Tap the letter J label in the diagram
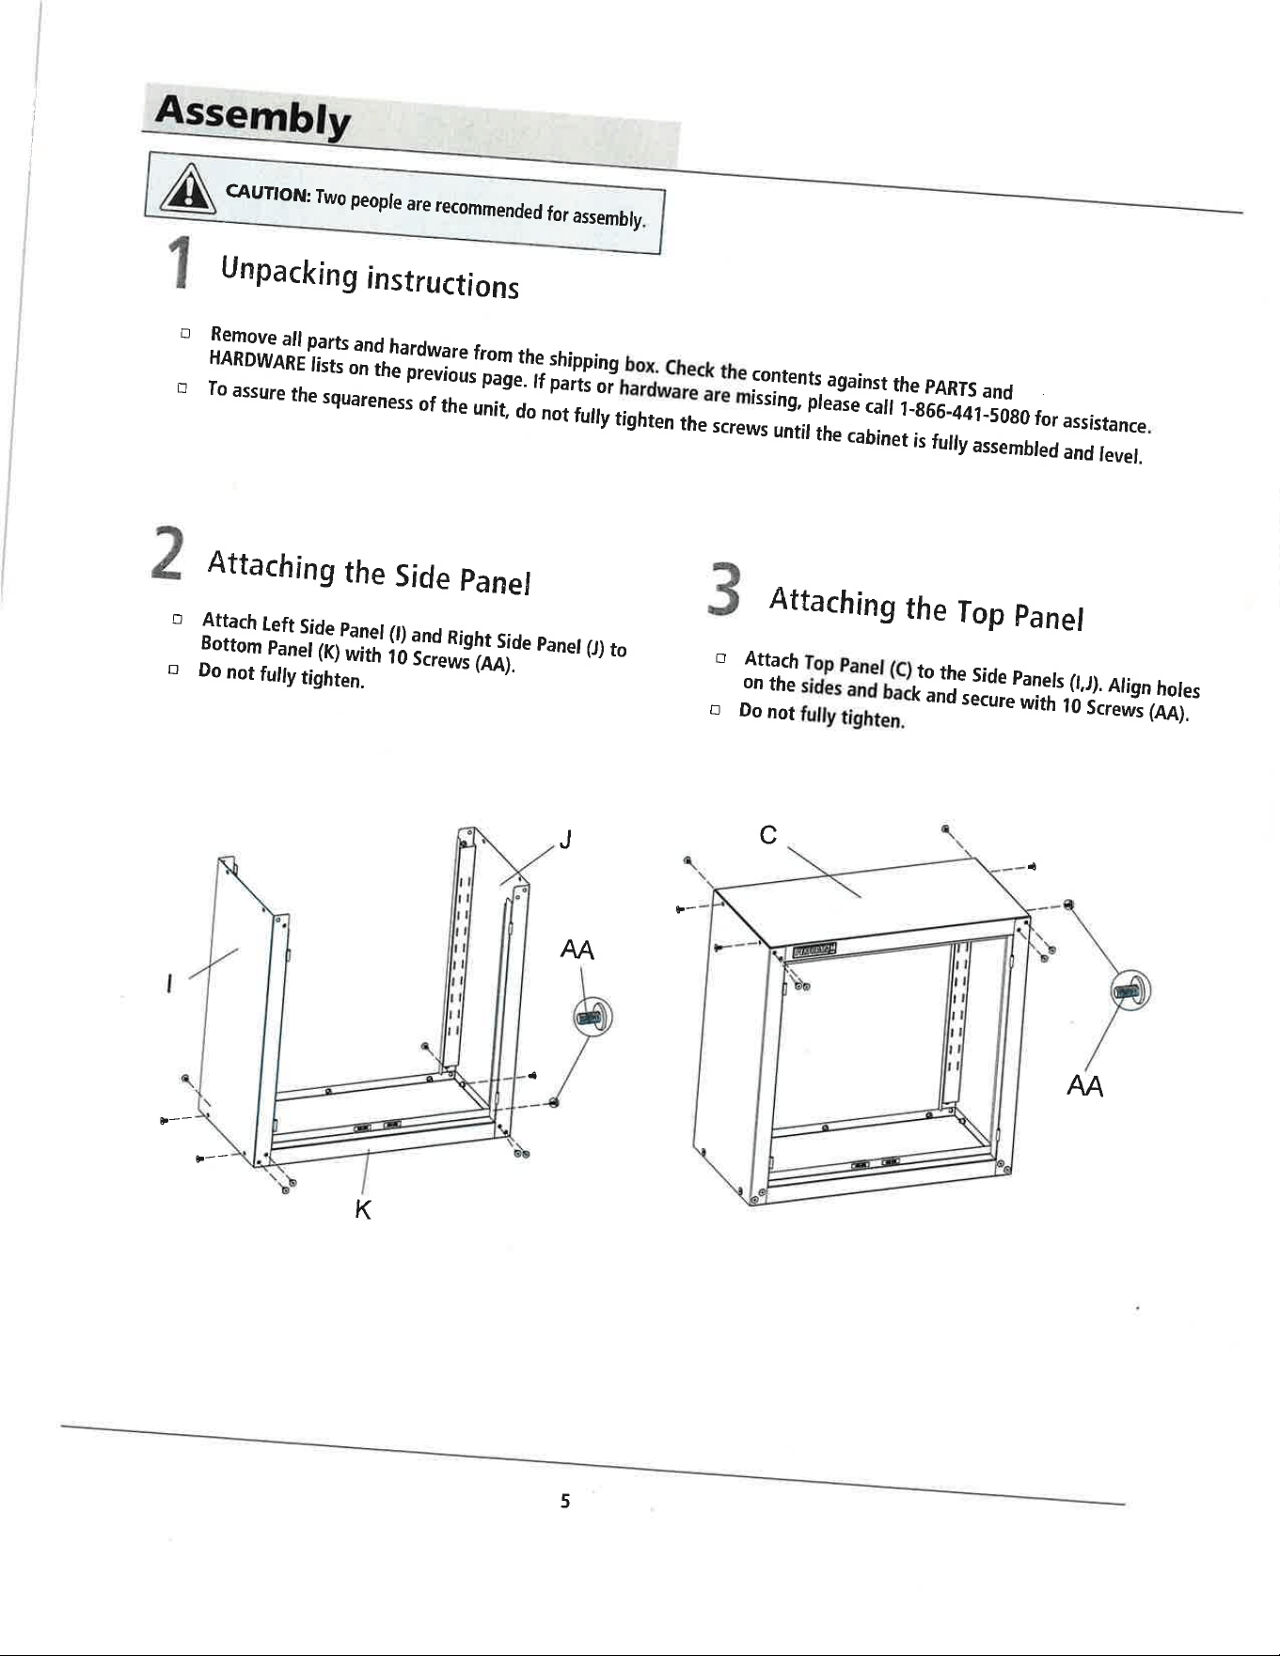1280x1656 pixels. [x=564, y=839]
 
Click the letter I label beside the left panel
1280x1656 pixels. [x=168, y=985]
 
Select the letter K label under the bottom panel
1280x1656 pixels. [x=363, y=1210]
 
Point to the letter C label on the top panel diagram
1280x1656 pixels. [x=768, y=834]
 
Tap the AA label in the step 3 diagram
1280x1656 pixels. [x=1084, y=1086]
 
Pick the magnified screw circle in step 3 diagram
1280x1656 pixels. [x=1130, y=990]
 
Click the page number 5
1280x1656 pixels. [x=564, y=1501]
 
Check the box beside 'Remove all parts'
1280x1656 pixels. [x=185, y=333]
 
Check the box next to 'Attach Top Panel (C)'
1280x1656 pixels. [x=720, y=659]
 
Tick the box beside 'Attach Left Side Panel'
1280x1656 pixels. [x=176, y=620]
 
